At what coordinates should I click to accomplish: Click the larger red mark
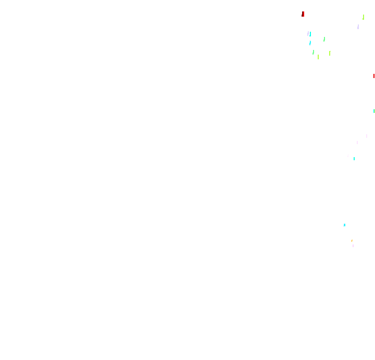click(x=303, y=14)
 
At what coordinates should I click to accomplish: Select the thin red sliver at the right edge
click(x=374, y=76)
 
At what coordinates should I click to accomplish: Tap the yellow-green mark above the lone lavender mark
click(x=364, y=17)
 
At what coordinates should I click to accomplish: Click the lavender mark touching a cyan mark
click(x=308, y=33)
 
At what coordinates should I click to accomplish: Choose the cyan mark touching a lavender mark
click(x=310, y=34)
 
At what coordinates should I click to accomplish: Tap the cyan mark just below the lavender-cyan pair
click(x=310, y=43)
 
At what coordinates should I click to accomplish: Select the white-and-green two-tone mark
click(x=323, y=39)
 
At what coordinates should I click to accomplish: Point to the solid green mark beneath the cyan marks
click(x=313, y=52)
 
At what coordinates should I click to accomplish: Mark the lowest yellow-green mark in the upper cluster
click(x=318, y=57)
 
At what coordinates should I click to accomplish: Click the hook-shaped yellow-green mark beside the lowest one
click(x=330, y=53)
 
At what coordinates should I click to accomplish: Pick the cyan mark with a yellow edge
click(x=374, y=111)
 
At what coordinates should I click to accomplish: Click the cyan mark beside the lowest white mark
click(x=354, y=159)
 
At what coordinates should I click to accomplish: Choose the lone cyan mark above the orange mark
click(x=344, y=225)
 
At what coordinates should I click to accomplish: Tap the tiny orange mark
click(x=352, y=241)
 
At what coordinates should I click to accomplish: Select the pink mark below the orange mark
click(x=353, y=246)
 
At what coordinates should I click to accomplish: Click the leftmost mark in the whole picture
click(x=303, y=14)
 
